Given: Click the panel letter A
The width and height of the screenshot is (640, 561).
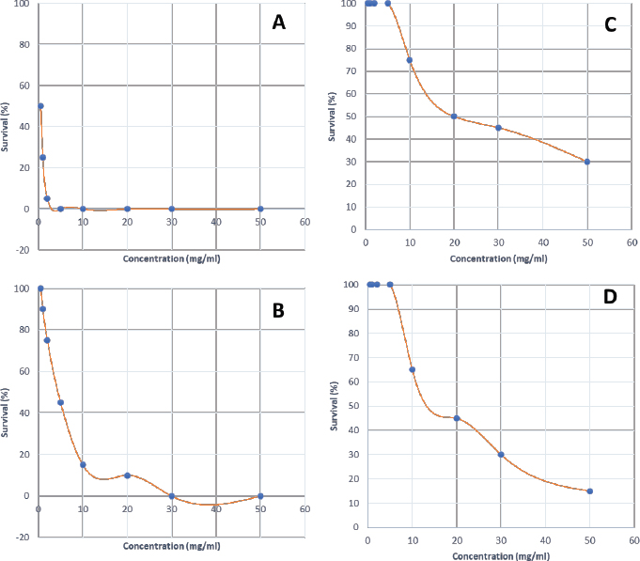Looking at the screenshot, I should (278, 23).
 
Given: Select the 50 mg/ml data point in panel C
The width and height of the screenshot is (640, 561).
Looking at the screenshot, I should (587, 162).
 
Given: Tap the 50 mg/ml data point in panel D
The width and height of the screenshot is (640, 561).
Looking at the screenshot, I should (589, 491).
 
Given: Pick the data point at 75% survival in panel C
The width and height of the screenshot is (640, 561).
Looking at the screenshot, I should (410, 60).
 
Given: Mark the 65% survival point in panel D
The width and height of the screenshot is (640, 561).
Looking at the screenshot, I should (412, 369).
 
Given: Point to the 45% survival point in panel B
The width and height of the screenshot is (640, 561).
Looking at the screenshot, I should (60, 403).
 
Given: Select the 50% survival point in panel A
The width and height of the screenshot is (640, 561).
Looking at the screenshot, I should (40, 106).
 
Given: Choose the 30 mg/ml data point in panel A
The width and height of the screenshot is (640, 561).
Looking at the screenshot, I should (171, 209).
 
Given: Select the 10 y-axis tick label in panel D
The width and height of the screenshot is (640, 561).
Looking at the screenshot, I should (351, 504).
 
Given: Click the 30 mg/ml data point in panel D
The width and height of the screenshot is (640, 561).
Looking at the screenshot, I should (501, 455).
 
